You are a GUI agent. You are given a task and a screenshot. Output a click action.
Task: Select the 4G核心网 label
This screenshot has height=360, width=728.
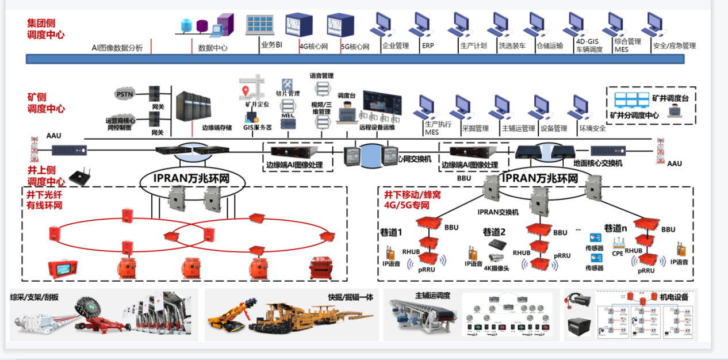point(313,47)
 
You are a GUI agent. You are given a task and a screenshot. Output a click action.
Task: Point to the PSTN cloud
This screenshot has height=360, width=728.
point(125,94)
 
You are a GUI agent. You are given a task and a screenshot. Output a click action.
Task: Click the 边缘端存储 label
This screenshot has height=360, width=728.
point(217,128)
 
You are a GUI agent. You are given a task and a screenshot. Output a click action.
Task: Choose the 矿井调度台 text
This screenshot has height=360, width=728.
point(670,98)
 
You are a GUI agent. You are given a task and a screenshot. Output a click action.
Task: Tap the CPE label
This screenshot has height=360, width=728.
point(617,252)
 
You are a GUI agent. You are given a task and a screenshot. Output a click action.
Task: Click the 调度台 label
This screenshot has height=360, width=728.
point(347,95)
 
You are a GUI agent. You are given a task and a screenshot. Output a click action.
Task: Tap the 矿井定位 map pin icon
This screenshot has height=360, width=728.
point(246,91)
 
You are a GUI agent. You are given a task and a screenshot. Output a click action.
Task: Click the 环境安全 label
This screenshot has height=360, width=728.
point(592,128)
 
